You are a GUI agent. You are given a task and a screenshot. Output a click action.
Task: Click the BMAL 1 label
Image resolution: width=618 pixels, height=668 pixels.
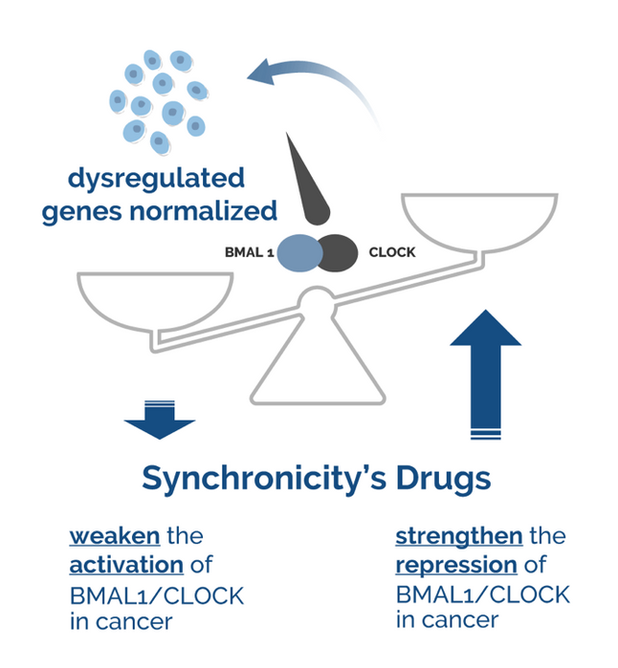(x=250, y=252)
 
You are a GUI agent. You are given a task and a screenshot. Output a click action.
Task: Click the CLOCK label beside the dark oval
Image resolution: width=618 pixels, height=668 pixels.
(x=392, y=252)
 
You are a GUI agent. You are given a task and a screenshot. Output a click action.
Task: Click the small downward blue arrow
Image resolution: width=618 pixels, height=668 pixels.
(x=159, y=419)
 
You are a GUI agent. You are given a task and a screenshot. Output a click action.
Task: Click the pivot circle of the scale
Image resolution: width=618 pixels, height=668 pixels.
(x=317, y=303)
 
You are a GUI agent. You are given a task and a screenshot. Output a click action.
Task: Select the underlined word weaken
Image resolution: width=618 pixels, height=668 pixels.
(x=114, y=535)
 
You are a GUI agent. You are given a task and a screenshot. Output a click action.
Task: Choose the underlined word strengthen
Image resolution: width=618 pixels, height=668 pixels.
(x=459, y=535)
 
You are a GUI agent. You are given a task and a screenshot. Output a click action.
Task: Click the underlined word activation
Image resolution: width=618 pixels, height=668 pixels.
(x=124, y=565)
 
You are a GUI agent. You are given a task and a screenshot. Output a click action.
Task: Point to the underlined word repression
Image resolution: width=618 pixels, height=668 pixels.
(x=456, y=565)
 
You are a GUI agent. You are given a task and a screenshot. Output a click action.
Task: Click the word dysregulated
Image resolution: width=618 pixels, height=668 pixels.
(x=156, y=179)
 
